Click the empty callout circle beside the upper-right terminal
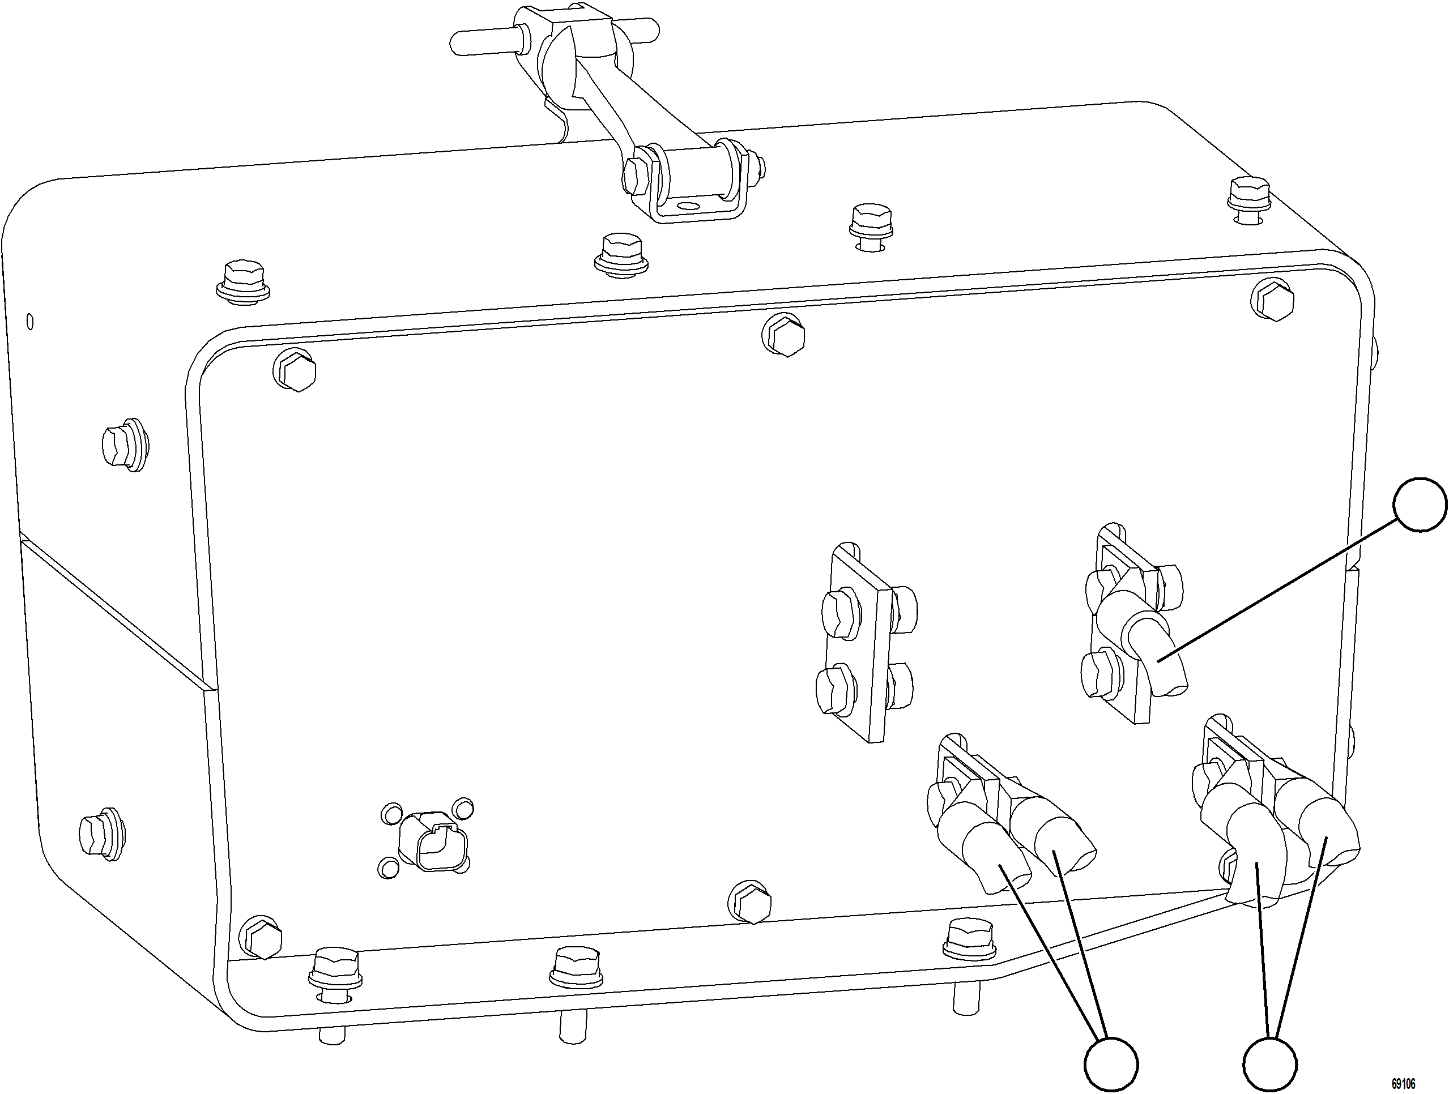click(1420, 505)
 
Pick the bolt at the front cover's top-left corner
click(296, 371)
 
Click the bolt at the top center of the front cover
click(784, 335)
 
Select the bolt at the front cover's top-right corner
click(1273, 300)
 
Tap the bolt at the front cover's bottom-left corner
click(261, 937)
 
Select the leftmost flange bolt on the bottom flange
click(335, 970)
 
